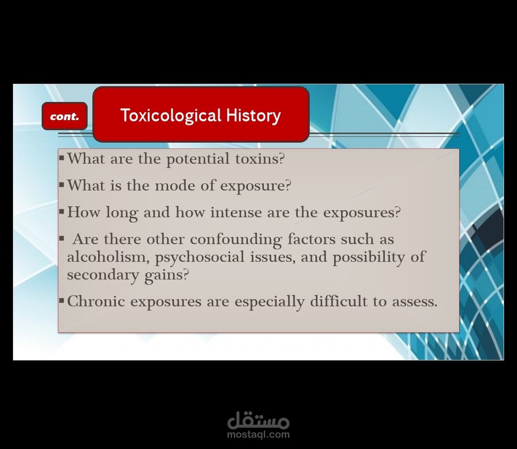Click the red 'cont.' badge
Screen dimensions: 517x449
coord(65,116)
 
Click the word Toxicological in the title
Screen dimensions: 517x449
coord(171,115)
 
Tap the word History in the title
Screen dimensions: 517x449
coord(253,116)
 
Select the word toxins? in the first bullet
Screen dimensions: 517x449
coord(259,159)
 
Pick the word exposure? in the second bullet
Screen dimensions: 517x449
coord(256,186)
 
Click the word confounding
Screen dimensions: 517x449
coord(236,240)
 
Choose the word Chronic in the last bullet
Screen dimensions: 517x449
coord(96,301)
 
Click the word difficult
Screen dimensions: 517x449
coord(338,301)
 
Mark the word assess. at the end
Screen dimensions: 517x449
coord(415,302)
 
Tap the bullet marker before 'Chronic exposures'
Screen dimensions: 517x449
coord(61,300)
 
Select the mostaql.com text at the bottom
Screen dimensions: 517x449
coord(258,435)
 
